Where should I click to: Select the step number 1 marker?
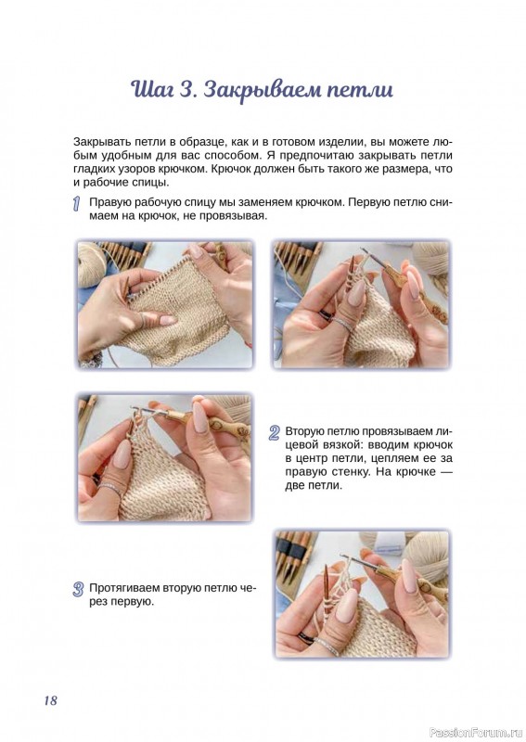point(76,203)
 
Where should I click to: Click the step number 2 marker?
point(274,432)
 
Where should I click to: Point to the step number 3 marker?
point(78,590)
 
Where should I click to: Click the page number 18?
point(50,700)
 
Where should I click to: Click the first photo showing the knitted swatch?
point(165,305)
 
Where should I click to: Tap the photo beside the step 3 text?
point(362,594)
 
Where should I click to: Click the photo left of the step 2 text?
point(165,457)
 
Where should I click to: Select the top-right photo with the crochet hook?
point(362,305)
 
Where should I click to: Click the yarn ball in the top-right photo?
point(430,259)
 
